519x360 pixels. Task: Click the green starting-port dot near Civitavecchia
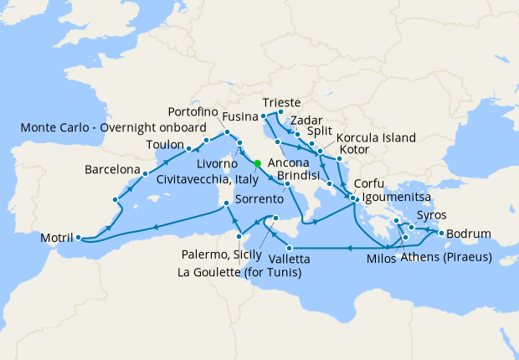pyautogui.click(x=258, y=163)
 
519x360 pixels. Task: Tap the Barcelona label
pyautogui.click(x=111, y=170)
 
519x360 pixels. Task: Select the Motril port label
pyautogui.click(x=56, y=239)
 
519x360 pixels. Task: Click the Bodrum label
pyautogui.click(x=469, y=233)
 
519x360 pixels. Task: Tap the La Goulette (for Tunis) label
pyautogui.click(x=239, y=272)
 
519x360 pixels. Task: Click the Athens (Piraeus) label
pyautogui.click(x=445, y=256)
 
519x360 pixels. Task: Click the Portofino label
pyautogui.click(x=193, y=111)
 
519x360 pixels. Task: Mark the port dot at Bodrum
pyautogui.click(x=440, y=234)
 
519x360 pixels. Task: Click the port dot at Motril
pyautogui.click(x=78, y=237)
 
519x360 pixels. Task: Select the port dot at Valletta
pyautogui.click(x=289, y=248)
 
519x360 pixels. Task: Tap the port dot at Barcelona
pyautogui.click(x=145, y=174)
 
